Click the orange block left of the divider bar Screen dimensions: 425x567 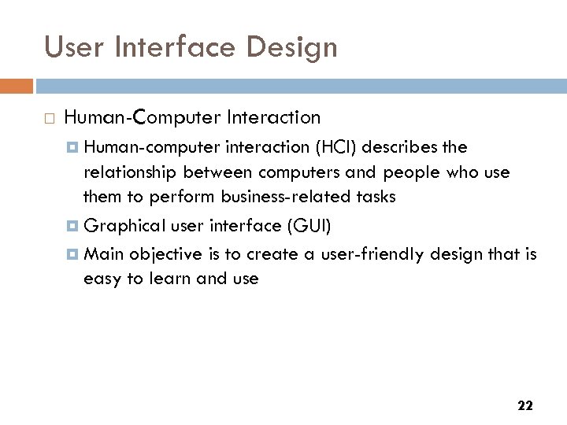17,85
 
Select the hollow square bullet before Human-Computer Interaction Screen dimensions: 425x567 49,119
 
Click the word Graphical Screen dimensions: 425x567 122,227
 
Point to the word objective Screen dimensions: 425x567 159,253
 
